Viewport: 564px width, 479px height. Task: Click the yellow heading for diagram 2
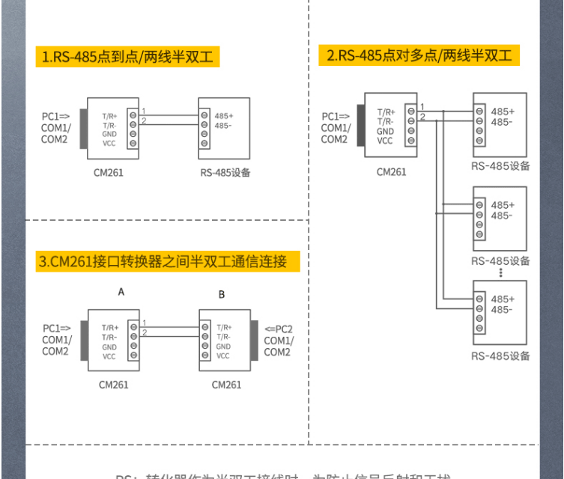coord(419,55)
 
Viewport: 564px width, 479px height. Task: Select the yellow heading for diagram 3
coord(163,261)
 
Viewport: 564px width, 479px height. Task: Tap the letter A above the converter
coord(121,293)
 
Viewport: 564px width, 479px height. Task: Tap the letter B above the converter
coord(222,294)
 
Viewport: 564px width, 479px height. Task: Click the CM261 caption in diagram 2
coord(391,171)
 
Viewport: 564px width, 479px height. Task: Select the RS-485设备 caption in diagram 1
coord(225,173)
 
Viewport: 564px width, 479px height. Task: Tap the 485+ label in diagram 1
coord(224,116)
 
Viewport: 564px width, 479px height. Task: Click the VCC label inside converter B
coord(223,356)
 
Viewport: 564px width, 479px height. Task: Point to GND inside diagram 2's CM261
coord(385,131)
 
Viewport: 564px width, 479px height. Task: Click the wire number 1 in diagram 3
coord(144,323)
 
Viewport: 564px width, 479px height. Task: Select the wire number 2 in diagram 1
coord(144,120)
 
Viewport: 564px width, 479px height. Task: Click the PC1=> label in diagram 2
coord(335,116)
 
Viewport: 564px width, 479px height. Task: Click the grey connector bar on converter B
coord(253,341)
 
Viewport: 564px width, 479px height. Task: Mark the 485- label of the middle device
coord(502,215)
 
